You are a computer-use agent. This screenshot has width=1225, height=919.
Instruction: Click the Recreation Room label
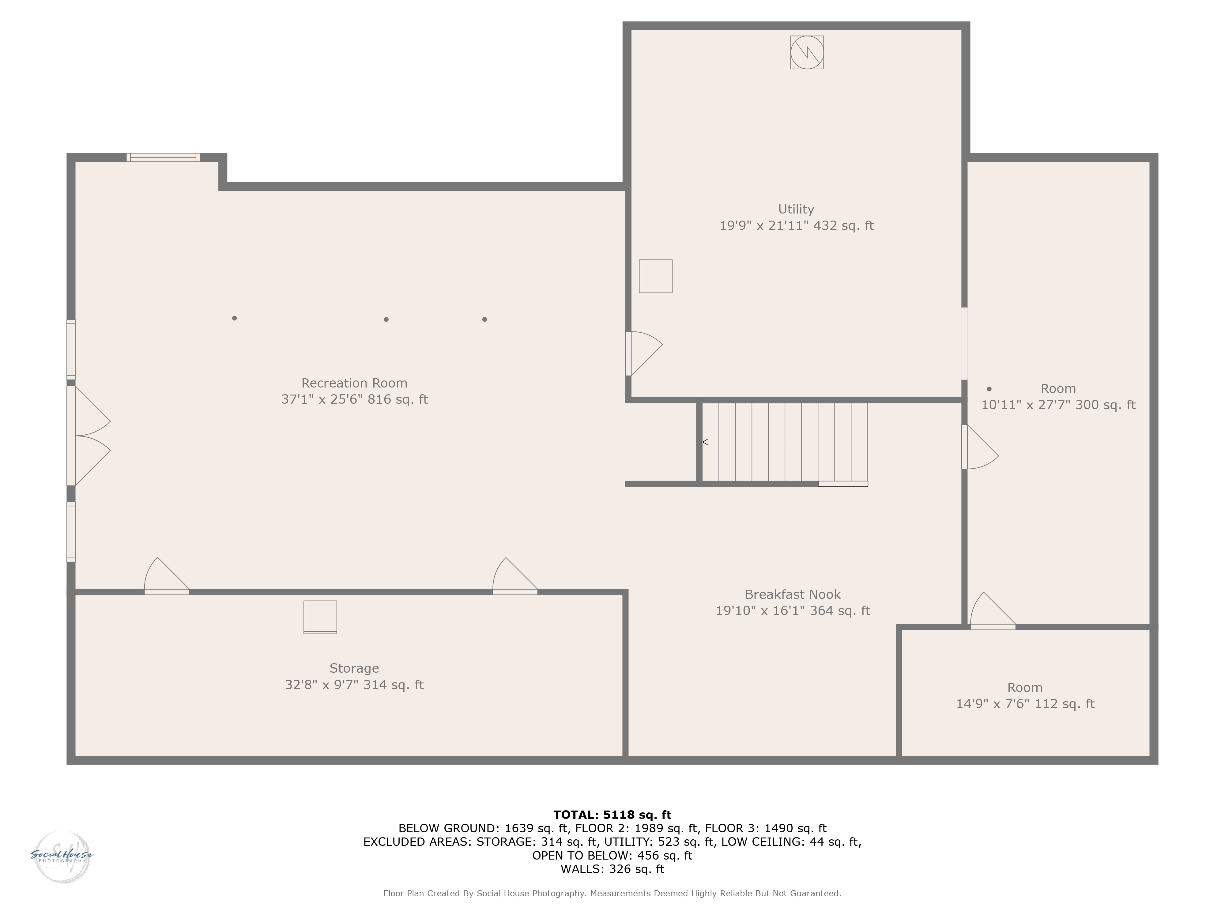point(354,383)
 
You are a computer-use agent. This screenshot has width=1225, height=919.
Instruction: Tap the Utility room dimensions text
point(796,225)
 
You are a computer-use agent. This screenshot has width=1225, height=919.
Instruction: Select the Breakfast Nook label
point(793,594)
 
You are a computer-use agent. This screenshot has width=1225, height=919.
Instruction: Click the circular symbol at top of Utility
point(807,52)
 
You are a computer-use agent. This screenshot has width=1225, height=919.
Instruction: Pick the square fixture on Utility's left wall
point(656,276)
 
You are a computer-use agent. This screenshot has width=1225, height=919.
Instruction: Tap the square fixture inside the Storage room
point(320,617)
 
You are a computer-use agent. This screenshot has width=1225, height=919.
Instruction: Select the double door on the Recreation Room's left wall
point(89,435)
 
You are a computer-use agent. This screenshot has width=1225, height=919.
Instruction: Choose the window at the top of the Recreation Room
point(163,157)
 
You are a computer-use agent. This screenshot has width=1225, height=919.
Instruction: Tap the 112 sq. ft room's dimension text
point(1025,704)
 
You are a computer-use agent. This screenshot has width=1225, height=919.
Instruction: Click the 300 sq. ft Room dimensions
point(1058,405)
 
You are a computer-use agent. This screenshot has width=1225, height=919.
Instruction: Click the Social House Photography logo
point(62,857)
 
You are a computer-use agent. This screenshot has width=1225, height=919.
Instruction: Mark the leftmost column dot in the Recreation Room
point(235,318)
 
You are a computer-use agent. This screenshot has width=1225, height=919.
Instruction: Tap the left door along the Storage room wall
point(167,576)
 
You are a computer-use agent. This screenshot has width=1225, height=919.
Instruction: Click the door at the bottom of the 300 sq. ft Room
point(993,611)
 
